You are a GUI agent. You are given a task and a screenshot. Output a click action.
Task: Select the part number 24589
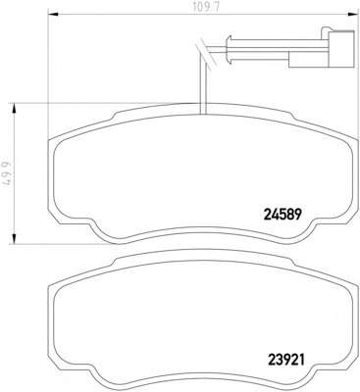point(282,215)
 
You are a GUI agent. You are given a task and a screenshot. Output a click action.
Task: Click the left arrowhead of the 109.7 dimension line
point(53,15)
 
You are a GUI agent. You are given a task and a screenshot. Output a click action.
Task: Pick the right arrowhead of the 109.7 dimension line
point(352,15)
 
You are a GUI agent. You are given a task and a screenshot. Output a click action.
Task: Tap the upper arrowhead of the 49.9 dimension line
point(14,109)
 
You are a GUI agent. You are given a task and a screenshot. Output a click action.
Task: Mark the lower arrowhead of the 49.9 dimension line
point(14,238)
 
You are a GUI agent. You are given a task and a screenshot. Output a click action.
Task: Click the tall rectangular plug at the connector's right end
point(341,49)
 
